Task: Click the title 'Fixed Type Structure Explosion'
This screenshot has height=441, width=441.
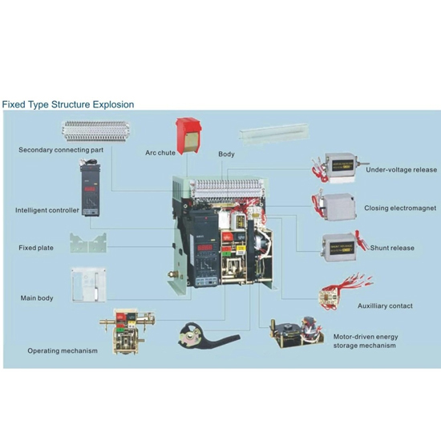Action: (x=67, y=104)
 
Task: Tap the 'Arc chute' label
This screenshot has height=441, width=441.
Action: (x=160, y=152)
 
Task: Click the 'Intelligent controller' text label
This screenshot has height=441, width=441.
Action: (x=47, y=211)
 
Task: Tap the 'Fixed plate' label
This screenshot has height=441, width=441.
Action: (x=36, y=248)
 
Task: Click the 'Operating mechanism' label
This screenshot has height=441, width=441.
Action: (x=63, y=350)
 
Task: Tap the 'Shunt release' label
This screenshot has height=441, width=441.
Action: (x=392, y=248)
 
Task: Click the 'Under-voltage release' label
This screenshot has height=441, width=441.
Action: (x=401, y=170)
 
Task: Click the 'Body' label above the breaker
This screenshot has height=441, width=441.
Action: (x=226, y=154)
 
